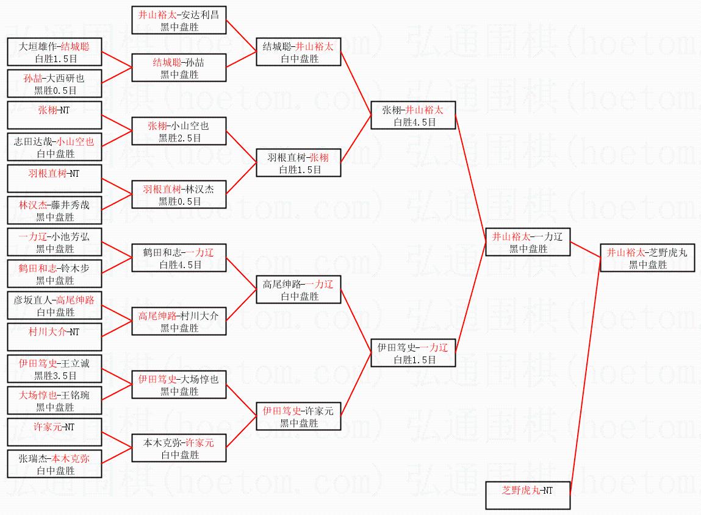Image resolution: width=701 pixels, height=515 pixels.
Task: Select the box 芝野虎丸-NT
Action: coord(528,495)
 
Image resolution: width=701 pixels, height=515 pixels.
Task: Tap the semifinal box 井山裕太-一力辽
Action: coord(528,242)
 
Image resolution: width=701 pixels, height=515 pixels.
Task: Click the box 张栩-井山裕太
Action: coord(414,115)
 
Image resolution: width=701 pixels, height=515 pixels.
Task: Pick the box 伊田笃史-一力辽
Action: coord(414,353)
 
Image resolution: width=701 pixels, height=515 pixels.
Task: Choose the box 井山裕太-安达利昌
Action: coord(179,20)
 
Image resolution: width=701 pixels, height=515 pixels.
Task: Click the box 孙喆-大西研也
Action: coord(54,83)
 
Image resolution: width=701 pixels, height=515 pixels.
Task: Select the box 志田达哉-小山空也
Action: coord(54,147)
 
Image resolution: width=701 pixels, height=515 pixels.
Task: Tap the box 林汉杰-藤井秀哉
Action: coord(54,210)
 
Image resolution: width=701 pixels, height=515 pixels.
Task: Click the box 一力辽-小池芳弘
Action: coord(54,242)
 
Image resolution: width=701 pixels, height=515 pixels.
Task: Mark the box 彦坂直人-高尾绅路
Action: coord(54,305)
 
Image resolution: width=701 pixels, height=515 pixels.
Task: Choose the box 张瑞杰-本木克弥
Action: coord(54,464)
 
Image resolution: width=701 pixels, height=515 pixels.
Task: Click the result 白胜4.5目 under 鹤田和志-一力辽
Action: coord(180,265)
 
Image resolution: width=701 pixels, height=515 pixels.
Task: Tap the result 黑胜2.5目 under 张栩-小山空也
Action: coord(180,138)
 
